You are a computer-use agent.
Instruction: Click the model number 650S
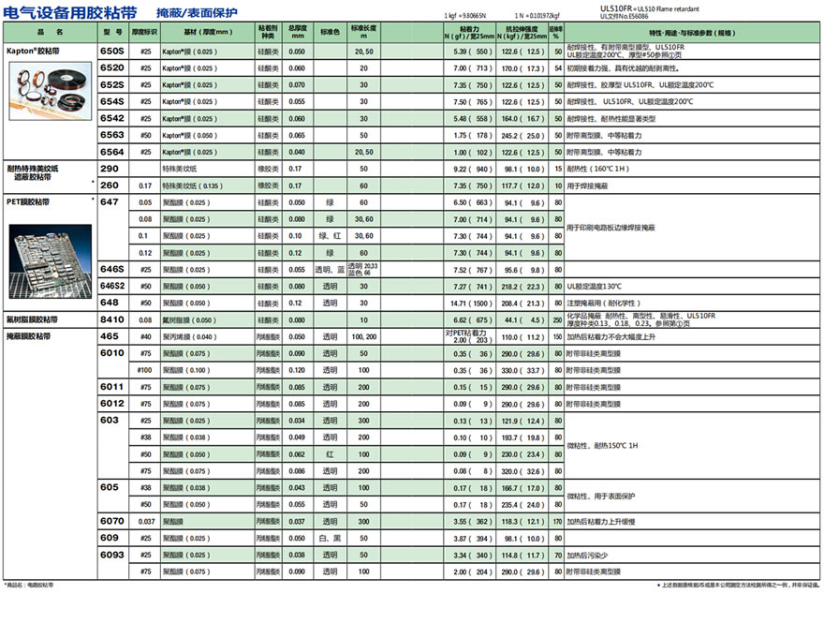click(111, 52)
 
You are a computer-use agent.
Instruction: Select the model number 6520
click(111, 68)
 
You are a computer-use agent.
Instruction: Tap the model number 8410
click(111, 319)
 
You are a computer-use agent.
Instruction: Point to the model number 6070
click(111, 521)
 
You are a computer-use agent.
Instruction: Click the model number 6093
click(111, 555)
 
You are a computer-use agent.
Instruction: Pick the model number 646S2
click(111, 286)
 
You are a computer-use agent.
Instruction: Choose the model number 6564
click(111, 152)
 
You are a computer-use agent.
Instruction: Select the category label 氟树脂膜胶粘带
click(33, 319)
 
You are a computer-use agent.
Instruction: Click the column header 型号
click(111, 32)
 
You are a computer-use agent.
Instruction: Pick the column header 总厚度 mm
click(297, 32)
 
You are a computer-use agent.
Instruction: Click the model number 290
click(109, 169)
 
